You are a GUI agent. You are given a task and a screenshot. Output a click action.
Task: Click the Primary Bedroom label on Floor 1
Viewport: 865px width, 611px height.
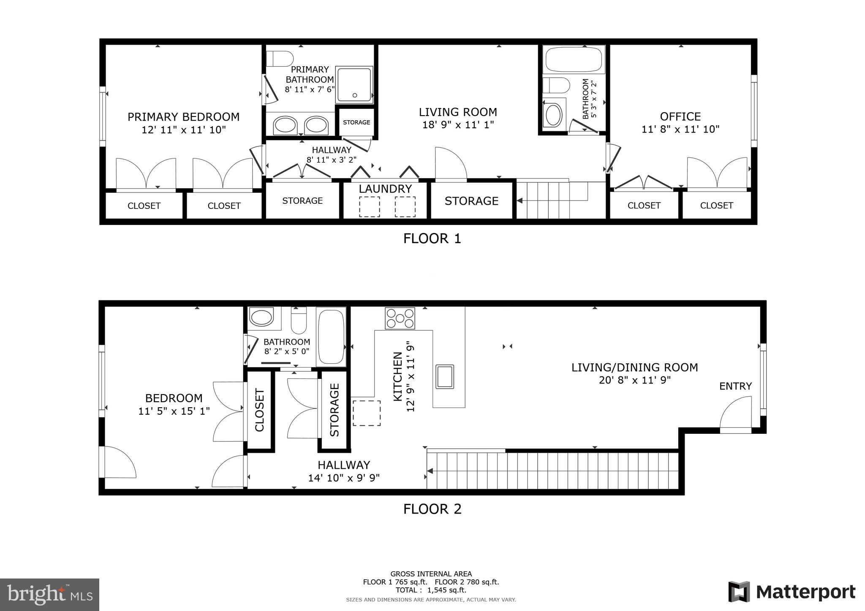pyautogui.click(x=183, y=117)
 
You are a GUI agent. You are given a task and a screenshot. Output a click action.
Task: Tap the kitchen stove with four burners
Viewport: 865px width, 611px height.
pyautogui.click(x=400, y=319)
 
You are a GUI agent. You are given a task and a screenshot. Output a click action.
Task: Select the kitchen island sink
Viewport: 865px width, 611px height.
pyautogui.click(x=445, y=376)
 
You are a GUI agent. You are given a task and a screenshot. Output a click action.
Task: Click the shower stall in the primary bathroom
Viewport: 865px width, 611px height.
pyautogui.click(x=354, y=84)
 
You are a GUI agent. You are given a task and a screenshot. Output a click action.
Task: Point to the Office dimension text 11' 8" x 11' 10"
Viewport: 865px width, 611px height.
pyautogui.click(x=680, y=130)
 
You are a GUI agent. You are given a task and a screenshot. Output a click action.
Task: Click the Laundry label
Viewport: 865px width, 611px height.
pyautogui.click(x=385, y=189)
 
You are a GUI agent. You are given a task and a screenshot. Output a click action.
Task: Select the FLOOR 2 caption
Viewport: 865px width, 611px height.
pyautogui.click(x=432, y=509)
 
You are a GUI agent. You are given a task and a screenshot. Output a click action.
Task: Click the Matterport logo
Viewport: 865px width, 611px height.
pyautogui.click(x=792, y=592)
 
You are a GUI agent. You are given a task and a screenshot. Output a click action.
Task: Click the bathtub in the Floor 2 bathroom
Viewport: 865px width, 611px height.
pyautogui.click(x=331, y=337)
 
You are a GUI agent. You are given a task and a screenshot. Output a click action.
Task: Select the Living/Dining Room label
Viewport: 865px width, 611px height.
pyautogui.click(x=634, y=368)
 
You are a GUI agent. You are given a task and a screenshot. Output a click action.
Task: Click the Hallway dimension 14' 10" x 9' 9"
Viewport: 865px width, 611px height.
pyautogui.click(x=344, y=478)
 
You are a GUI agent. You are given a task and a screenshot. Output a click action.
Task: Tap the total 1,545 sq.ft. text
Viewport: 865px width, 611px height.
pyautogui.click(x=431, y=590)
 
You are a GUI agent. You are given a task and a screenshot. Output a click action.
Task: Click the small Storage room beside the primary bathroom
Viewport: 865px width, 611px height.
pyautogui.click(x=356, y=122)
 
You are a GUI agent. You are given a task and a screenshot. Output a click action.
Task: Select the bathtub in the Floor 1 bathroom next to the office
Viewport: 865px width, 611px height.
pyautogui.click(x=574, y=59)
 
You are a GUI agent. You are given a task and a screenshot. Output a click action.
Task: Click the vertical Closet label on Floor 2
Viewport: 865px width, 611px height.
pyautogui.click(x=259, y=410)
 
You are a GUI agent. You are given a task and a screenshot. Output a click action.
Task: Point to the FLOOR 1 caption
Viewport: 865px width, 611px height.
pyautogui.click(x=432, y=238)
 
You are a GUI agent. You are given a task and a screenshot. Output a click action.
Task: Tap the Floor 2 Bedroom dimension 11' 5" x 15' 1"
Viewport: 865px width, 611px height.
pyautogui.click(x=174, y=411)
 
